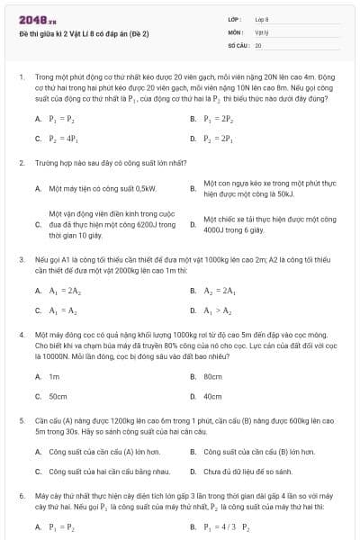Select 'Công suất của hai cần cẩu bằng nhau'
click(x=96, y=471)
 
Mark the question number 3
click(x=21, y=258)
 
